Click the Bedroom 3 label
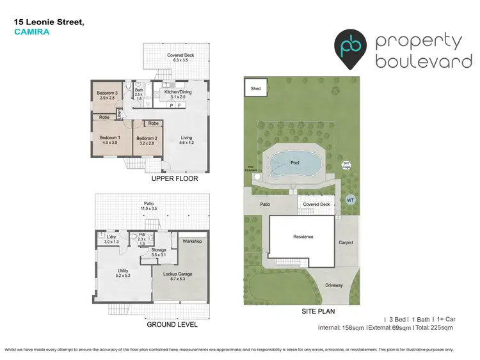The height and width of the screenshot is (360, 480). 106,93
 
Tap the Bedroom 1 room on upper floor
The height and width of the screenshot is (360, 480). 110,141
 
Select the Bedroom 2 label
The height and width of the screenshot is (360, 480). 147,138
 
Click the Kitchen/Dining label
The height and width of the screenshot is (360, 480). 178,92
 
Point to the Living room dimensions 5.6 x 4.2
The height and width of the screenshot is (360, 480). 186,143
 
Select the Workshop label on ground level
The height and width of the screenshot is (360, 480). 192,241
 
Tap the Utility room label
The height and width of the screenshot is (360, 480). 123,270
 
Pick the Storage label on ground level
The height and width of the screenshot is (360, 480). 158,250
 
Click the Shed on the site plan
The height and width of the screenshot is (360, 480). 255,88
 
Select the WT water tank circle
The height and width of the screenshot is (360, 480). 350,200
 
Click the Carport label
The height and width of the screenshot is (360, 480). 346,243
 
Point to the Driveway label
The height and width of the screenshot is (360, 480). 334,285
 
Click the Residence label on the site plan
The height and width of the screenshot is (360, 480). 303,237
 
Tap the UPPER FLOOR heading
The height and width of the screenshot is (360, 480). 175,179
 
